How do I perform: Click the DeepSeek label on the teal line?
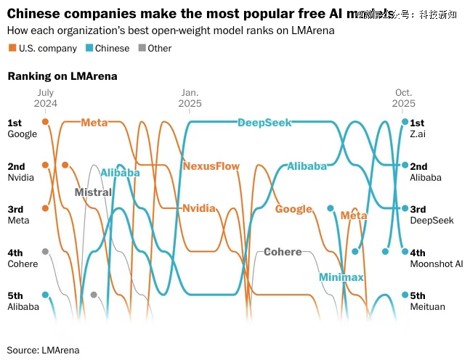[x=264, y=123]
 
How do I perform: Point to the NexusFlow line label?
[x=211, y=166]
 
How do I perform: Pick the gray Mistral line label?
[x=93, y=192]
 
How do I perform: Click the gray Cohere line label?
[x=282, y=252]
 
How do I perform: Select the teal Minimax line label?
[x=341, y=277]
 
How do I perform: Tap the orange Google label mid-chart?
[x=293, y=209]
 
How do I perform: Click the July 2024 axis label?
[x=45, y=98]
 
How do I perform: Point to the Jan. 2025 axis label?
[x=190, y=98]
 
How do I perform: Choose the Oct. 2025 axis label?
[x=404, y=98]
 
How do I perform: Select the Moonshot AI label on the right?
[x=436, y=263]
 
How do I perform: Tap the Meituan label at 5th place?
[x=427, y=306]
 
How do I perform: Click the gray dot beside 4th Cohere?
[x=45, y=251]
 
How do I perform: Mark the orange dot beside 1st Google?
[x=45, y=122]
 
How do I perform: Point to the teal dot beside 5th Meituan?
[x=405, y=295]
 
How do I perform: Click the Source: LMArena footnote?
[x=43, y=350]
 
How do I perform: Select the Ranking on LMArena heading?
[x=62, y=75]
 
